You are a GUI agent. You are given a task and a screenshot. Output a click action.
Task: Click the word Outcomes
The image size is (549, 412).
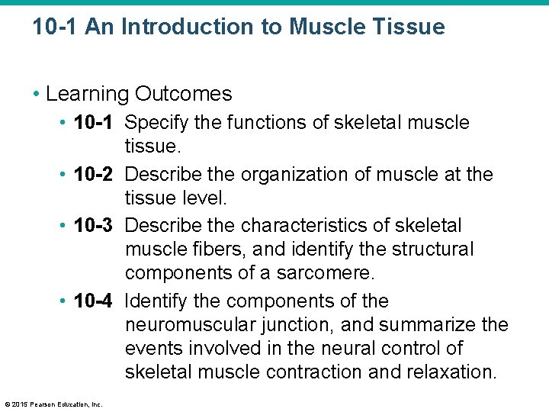point(184,94)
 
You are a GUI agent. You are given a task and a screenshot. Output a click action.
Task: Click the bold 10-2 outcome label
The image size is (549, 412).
point(94,175)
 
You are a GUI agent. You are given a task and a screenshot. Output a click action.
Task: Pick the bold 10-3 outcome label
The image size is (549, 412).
point(94,226)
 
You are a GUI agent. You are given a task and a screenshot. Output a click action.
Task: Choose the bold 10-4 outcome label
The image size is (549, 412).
point(94,301)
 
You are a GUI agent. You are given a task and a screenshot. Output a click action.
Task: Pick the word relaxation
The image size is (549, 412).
point(454,372)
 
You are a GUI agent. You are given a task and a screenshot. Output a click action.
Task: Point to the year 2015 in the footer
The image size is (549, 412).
point(18,404)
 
